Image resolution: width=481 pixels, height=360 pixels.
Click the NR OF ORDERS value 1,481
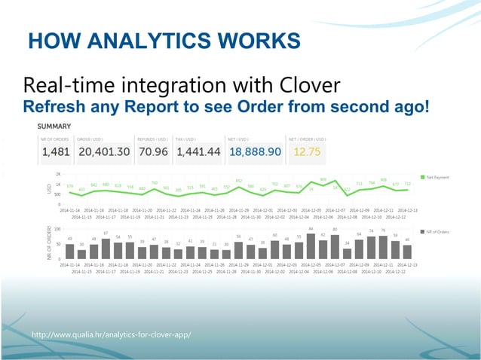tap(55, 152)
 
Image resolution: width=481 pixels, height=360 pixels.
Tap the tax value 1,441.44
tap(198, 152)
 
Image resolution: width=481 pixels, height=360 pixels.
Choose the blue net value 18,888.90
tap(255, 152)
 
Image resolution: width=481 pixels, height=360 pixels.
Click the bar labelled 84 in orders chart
tap(311, 244)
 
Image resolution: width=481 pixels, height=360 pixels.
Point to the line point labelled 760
tap(154, 188)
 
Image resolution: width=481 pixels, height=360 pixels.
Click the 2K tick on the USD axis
tap(57, 174)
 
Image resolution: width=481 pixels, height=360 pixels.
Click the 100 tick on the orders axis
tap(57, 229)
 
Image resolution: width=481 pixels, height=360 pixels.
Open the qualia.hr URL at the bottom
tap(110, 333)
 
